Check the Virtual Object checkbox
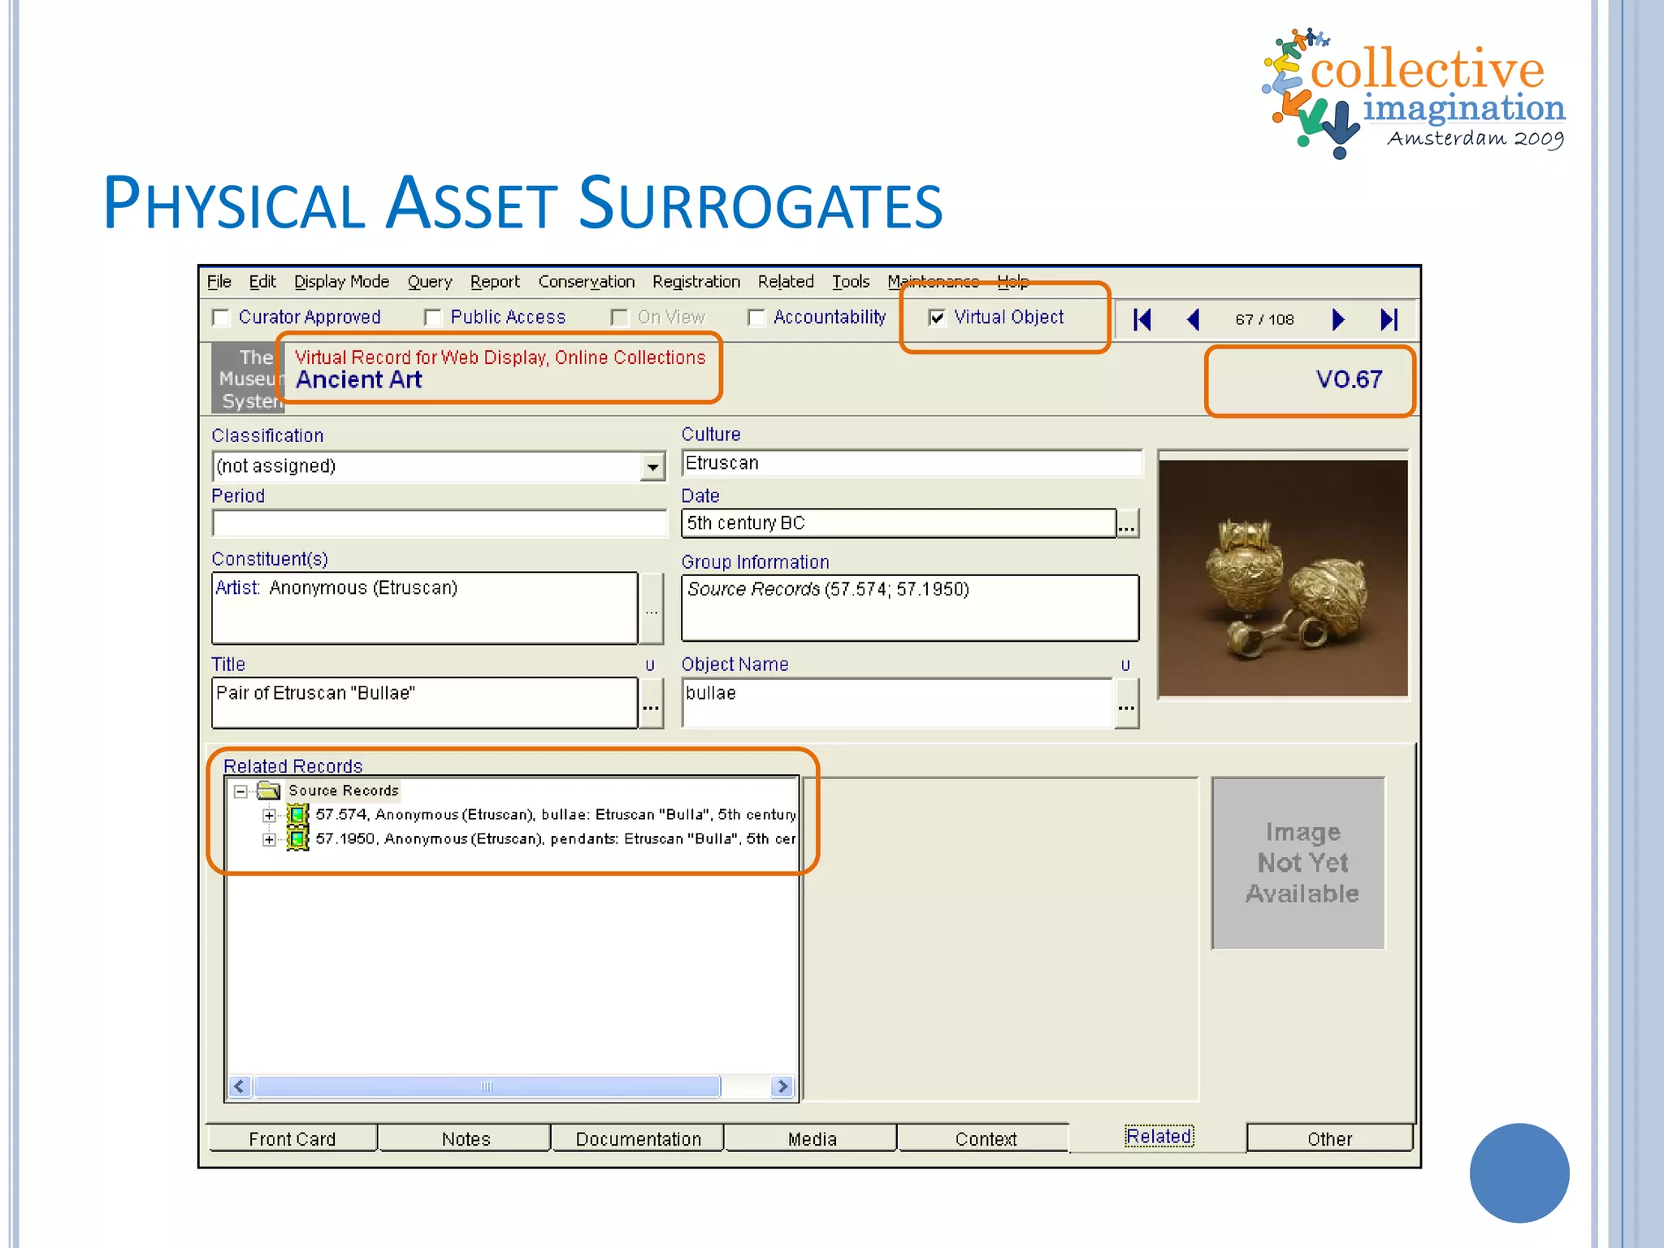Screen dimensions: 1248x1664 [937, 318]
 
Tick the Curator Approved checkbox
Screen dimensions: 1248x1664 [220, 318]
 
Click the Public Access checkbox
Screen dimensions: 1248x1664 [432, 318]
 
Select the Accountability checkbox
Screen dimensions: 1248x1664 [756, 318]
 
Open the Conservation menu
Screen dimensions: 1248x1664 [586, 282]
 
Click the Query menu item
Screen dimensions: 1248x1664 [429, 282]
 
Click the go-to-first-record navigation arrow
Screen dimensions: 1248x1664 [1142, 319]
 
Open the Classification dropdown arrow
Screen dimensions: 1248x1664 [652, 467]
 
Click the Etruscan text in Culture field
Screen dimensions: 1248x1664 [722, 463]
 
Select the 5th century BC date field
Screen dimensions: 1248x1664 [898, 523]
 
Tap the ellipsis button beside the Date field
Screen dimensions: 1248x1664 [1127, 524]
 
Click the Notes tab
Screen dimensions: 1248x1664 [466, 1139]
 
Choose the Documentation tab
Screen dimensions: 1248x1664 [638, 1139]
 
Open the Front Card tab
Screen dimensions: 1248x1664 [292, 1139]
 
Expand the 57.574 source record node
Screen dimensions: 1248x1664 [269, 815]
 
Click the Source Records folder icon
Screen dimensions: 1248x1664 [268, 791]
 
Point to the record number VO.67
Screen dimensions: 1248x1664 [1349, 379]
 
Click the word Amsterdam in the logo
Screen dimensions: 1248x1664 [1445, 139]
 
